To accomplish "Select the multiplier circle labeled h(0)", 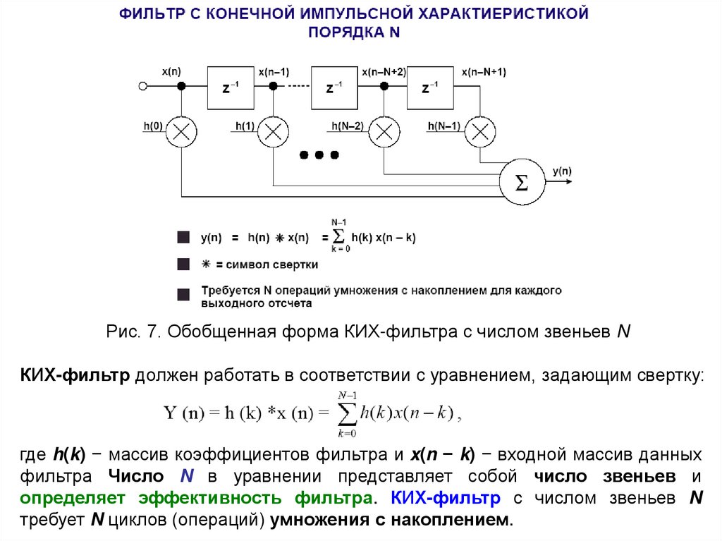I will (181, 131).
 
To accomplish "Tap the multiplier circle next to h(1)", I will (274, 131).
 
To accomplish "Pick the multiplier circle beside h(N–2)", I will (384, 131).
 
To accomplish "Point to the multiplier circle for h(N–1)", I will (480, 131).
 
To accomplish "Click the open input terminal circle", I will (143, 87).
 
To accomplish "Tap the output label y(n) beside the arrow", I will (562, 171).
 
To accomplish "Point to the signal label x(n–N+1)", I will (484, 72).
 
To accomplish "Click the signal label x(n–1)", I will (274, 72).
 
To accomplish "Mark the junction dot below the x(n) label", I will (181, 87).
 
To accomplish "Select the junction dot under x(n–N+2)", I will (384, 87).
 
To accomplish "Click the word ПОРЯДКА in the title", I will (337, 31).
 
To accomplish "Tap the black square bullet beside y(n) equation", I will (183, 238).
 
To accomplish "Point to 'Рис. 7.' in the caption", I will (134, 332).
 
